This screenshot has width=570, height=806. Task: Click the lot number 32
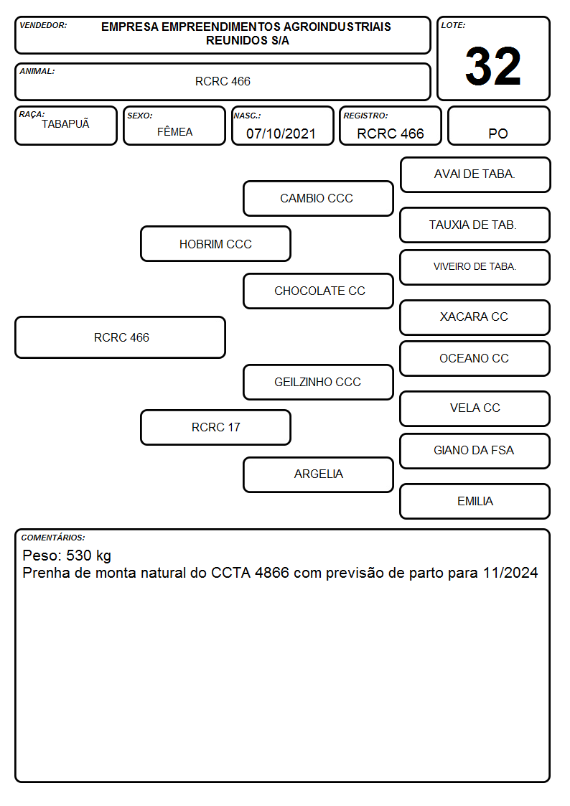coord(493,66)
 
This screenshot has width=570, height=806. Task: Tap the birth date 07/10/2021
coord(281,133)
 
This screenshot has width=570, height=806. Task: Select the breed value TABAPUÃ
coord(65,124)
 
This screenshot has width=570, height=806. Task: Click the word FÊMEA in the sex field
coord(174,131)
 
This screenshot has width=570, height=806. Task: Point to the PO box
coord(498,126)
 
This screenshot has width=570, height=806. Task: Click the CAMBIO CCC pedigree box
coord(318,198)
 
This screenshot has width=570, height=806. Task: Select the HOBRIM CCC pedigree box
coord(215,243)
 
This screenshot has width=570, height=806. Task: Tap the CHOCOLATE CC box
coord(318,291)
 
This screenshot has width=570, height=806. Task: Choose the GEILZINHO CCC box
coord(318,382)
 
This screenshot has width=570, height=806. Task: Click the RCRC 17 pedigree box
coord(215,427)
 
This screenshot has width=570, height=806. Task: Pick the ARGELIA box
coord(318,474)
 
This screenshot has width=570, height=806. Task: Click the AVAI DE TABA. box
coord(475,175)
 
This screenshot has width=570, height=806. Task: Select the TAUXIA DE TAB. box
coord(475,225)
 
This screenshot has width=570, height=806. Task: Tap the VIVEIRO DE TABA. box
coord(475,267)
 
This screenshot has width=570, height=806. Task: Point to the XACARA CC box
coord(475,317)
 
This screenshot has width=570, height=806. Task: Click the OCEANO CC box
coord(475,358)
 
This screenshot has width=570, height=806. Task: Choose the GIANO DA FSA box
coord(475,451)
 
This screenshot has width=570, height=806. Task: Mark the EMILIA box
coord(475,501)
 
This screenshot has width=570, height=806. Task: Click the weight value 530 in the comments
coord(79,555)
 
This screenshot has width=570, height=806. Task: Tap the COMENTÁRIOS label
coord(53,538)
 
